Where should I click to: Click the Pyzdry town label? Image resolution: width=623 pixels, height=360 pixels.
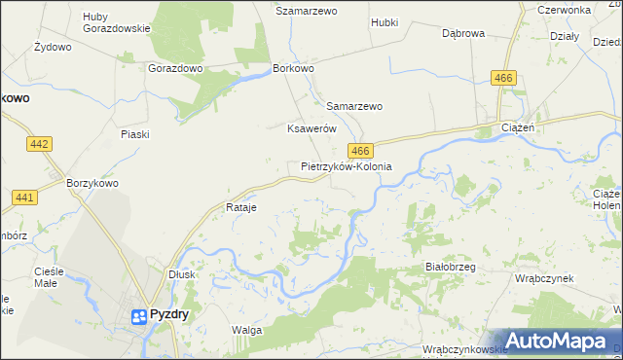(171, 314)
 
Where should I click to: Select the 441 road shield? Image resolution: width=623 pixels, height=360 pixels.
(25, 198)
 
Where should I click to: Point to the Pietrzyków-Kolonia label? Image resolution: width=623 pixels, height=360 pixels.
(347, 166)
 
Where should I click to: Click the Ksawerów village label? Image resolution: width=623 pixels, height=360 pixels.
(311, 128)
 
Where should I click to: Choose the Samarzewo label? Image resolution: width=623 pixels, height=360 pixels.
(354, 106)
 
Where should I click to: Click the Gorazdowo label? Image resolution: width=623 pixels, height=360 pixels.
(174, 69)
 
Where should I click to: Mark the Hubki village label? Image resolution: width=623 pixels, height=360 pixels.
(385, 20)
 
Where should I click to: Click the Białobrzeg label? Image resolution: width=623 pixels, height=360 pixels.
(450, 266)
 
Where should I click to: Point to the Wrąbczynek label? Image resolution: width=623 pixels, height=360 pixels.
(544, 277)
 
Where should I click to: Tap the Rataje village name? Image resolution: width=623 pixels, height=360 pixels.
(240, 208)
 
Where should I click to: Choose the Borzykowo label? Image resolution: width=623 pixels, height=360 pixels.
(92, 182)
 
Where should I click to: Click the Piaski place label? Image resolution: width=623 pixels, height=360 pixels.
(134, 134)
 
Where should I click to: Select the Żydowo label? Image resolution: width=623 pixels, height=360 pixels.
(53, 47)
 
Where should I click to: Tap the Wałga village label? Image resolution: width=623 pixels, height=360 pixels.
(247, 331)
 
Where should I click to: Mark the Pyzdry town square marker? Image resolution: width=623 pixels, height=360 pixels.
(140, 315)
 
